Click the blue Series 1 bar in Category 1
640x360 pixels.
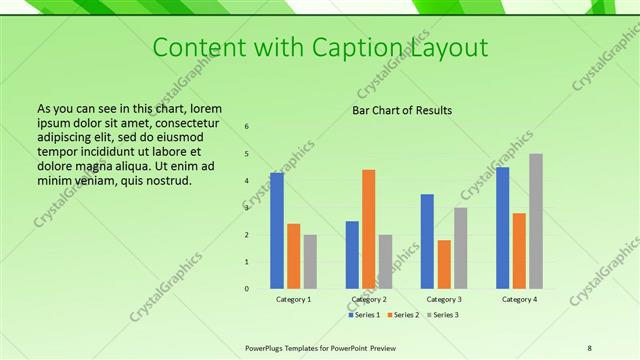[277, 230]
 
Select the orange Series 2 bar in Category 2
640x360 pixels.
[368, 228]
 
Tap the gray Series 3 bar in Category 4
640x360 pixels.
[536, 221]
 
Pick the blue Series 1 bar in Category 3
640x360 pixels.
[427, 241]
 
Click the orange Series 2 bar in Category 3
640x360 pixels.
[444, 264]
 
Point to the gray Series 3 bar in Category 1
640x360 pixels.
[310, 261]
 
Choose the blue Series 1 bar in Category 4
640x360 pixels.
[503, 227]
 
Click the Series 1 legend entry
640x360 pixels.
[364, 315]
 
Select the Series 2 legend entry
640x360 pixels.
[402, 315]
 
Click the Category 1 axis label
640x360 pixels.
[294, 299]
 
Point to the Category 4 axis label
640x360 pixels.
[519, 299]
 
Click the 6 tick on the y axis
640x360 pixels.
[247, 127]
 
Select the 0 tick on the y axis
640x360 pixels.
[247, 289]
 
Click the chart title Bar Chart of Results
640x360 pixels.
[402, 110]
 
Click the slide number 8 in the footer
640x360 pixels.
[590, 347]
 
